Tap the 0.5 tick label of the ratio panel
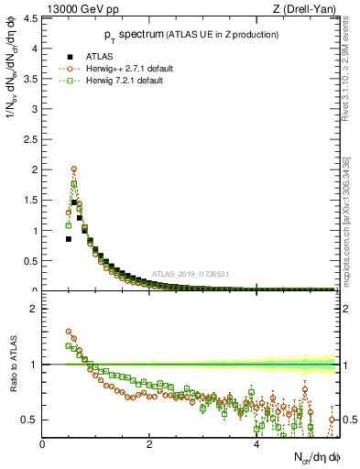point(30,420)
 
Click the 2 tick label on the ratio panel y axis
point(34,309)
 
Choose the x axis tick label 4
point(256,444)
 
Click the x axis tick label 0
point(42,444)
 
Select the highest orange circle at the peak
point(73,169)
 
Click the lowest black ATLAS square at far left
point(68,238)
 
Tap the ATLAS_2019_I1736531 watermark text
point(191,274)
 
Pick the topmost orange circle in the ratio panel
point(68,332)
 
